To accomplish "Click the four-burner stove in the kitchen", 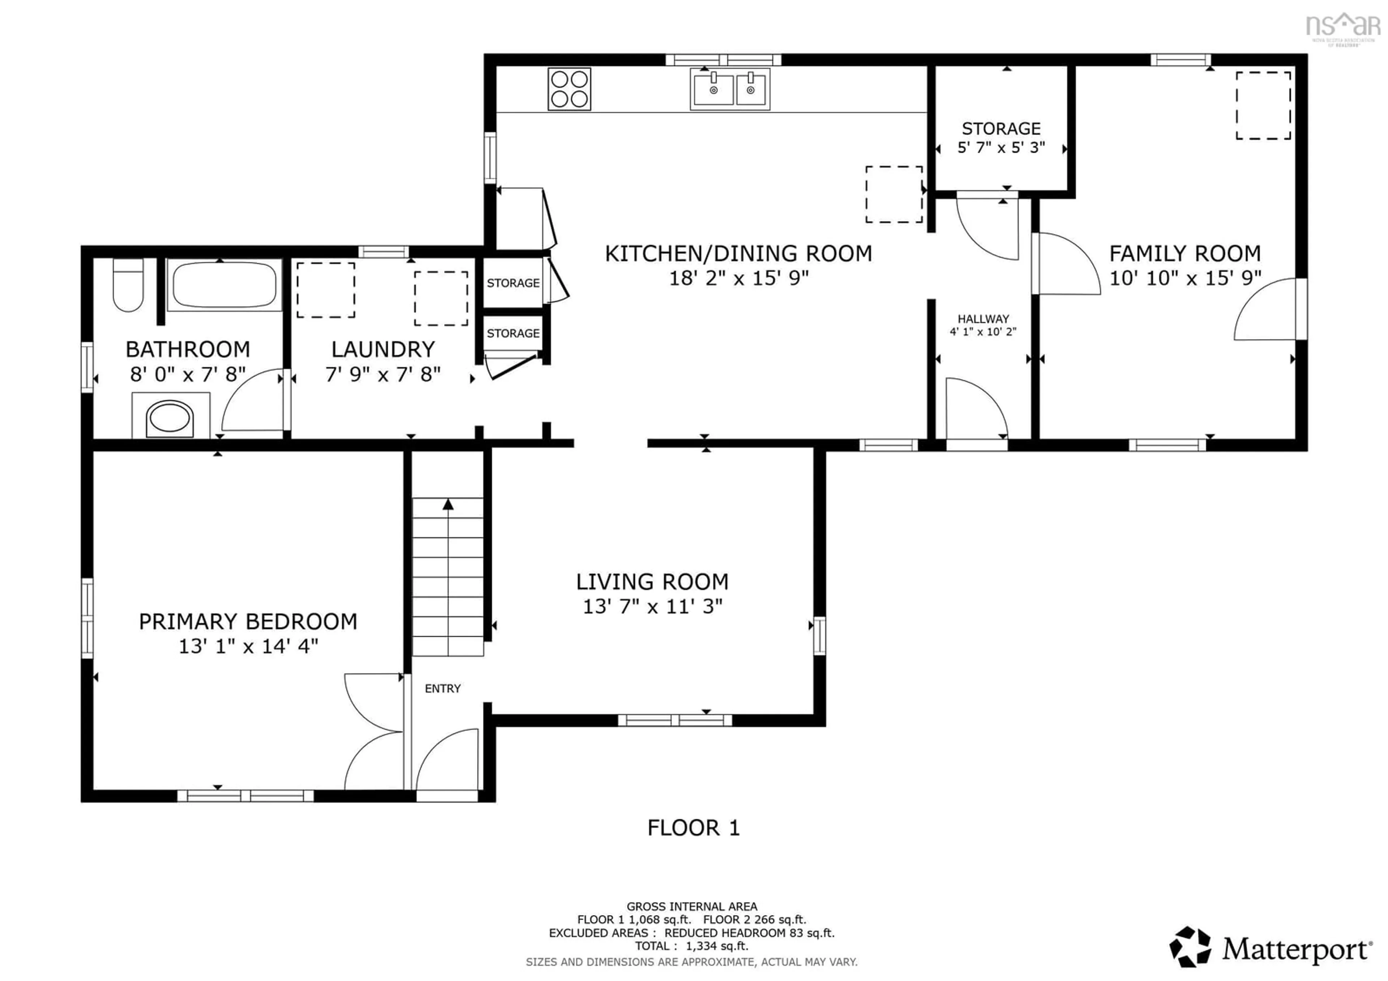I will click(x=569, y=89).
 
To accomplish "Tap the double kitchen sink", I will click(x=730, y=89).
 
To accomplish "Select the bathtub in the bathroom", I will click(x=224, y=285).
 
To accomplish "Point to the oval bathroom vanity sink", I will click(x=170, y=417).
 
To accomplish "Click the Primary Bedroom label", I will click(x=248, y=621).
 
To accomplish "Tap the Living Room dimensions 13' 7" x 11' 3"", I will click(x=652, y=606).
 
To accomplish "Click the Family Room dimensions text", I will click(x=1185, y=278).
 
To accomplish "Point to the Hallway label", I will click(x=983, y=318).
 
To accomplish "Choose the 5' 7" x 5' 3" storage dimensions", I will click(x=1001, y=147).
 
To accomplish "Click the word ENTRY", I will click(x=442, y=689).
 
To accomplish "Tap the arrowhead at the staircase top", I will click(x=448, y=504).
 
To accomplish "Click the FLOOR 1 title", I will click(x=693, y=827).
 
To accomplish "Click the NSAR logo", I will click(x=1343, y=27).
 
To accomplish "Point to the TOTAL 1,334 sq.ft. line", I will click(x=691, y=946).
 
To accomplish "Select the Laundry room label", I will click(x=383, y=350).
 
